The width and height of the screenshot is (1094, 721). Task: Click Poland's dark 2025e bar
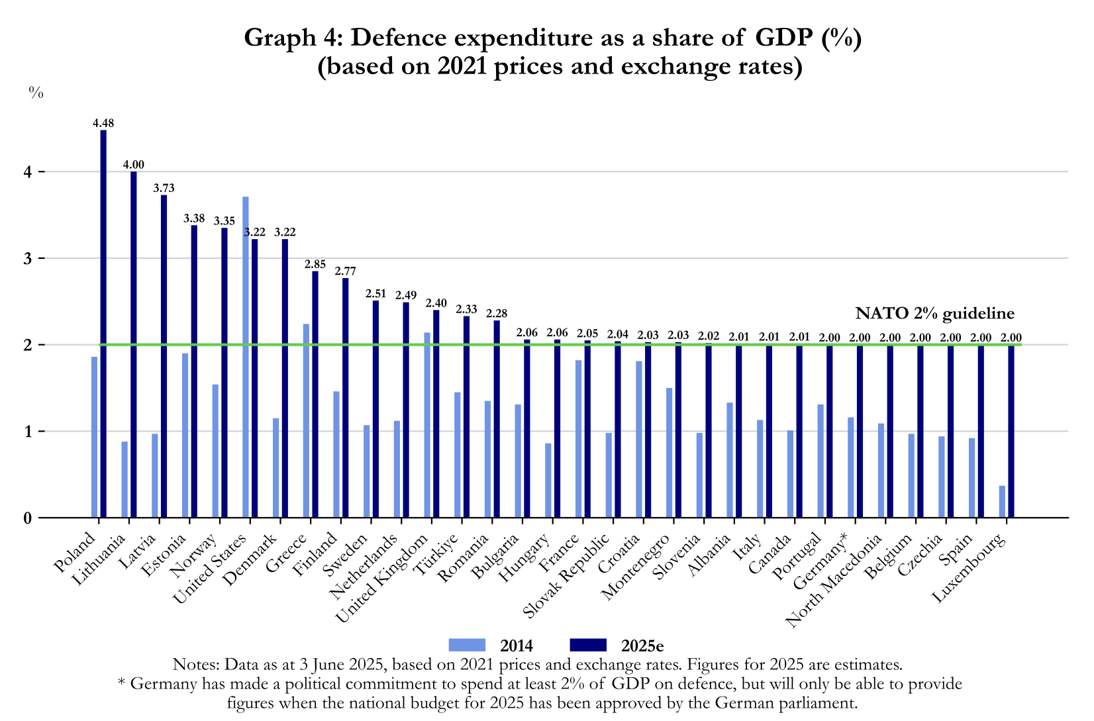click(x=103, y=324)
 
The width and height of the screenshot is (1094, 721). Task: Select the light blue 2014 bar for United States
click(x=246, y=358)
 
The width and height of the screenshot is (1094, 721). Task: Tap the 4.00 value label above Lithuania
click(x=133, y=165)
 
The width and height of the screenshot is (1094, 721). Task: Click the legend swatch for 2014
click(x=468, y=645)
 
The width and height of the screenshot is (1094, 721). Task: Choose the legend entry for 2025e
click(x=616, y=646)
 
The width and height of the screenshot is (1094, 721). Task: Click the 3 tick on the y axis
click(x=28, y=258)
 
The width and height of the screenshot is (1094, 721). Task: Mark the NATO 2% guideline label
click(x=934, y=313)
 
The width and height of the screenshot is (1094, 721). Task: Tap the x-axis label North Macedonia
click(x=834, y=581)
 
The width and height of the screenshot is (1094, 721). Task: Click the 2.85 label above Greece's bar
click(x=315, y=264)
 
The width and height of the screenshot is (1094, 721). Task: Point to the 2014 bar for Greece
click(x=306, y=420)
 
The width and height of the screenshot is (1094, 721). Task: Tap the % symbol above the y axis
click(x=36, y=93)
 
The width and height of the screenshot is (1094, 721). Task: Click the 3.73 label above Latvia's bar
click(x=164, y=188)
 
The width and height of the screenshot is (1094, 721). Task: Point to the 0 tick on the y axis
click(x=28, y=518)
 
